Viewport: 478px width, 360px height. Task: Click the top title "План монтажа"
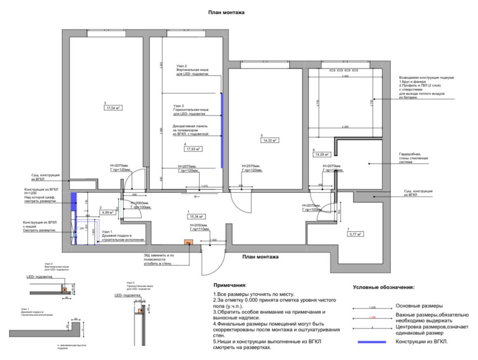click(x=226, y=13)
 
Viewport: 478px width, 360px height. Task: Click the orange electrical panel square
click(x=188, y=243)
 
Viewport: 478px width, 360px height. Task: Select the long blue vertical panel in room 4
click(x=222, y=130)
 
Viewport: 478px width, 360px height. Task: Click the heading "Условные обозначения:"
click(x=384, y=287)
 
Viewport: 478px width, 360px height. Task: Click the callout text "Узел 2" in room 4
click(x=182, y=66)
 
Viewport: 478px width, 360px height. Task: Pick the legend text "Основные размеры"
click(x=420, y=305)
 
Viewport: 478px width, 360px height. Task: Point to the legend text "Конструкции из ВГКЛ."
click(x=422, y=342)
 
